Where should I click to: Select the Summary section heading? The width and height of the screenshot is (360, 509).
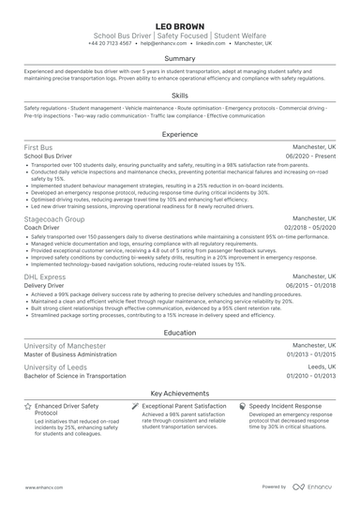click(x=179, y=59)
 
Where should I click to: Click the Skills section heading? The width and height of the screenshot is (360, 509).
click(x=179, y=96)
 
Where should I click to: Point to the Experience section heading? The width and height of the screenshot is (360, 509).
click(x=179, y=134)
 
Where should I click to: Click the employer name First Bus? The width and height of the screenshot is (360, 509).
click(x=39, y=149)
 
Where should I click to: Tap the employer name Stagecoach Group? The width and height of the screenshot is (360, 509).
click(x=54, y=217)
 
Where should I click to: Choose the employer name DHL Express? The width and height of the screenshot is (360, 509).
click(x=45, y=277)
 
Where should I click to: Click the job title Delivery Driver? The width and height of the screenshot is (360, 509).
click(x=46, y=286)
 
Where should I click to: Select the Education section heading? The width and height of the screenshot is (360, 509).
click(x=179, y=333)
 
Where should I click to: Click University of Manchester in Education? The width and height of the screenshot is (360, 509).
click(x=66, y=347)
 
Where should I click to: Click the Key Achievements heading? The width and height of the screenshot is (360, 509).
click(x=179, y=394)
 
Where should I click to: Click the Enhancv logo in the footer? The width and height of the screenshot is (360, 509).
click(x=313, y=487)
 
